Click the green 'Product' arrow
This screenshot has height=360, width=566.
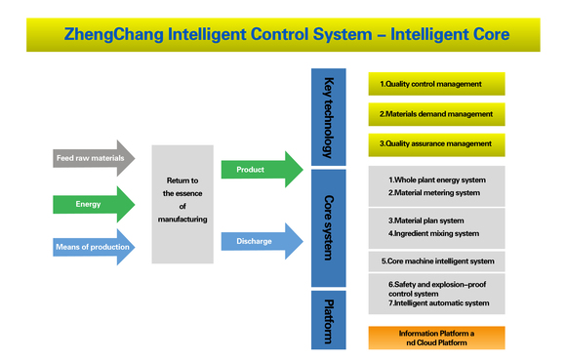pyautogui.click(x=259, y=170)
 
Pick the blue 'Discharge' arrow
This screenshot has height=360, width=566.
pyautogui.click(x=259, y=241)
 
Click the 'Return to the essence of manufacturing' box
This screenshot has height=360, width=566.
pyautogui.click(x=182, y=204)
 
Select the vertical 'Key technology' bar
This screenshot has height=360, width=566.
pyautogui.click(x=329, y=118)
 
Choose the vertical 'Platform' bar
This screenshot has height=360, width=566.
pyautogui.click(x=329, y=319)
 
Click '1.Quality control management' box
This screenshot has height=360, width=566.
pyautogui.click(x=436, y=84)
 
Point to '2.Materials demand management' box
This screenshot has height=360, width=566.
pyautogui.click(x=436, y=114)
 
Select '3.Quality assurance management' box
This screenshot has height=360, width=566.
pyautogui.click(x=436, y=144)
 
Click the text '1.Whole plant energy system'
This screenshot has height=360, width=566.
pyautogui.click(x=436, y=180)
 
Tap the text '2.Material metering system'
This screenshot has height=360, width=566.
pyautogui.click(x=434, y=193)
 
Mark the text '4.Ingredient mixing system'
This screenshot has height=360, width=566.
pyautogui.click(x=433, y=233)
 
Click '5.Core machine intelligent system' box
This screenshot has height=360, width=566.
pyautogui.click(x=436, y=261)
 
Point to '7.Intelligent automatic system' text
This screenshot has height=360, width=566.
pyautogui.click(x=438, y=303)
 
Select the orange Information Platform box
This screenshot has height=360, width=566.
pyautogui.click(x=436, y=338)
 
